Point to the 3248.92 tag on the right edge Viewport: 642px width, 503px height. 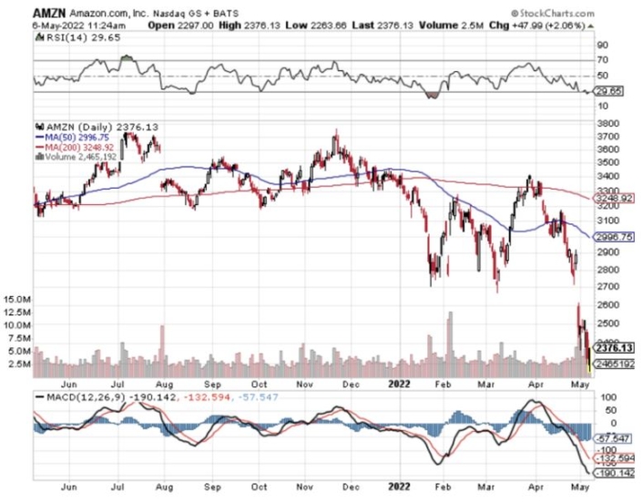(x=612, y=198)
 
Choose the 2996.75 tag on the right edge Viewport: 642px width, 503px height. (x=612, y=236)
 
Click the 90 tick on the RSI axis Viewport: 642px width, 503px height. (x=601, y=44)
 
